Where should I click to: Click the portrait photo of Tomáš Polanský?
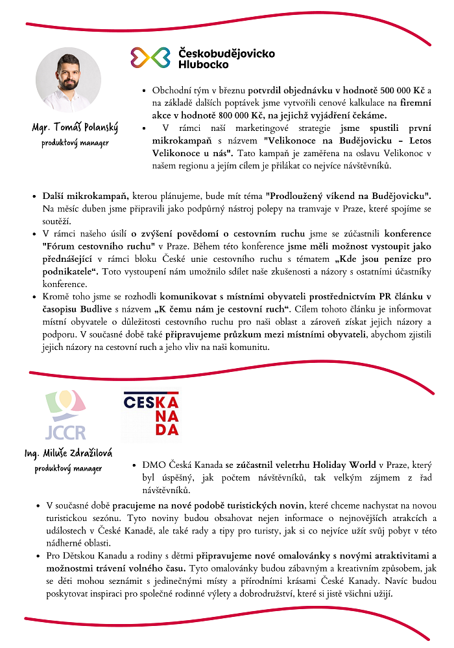(68, 80)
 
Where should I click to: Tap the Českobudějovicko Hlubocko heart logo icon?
(150, 57)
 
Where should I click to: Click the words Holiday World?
(344, 465)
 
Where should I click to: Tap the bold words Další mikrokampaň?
(85, 195)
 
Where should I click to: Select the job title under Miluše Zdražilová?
(68, 469)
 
